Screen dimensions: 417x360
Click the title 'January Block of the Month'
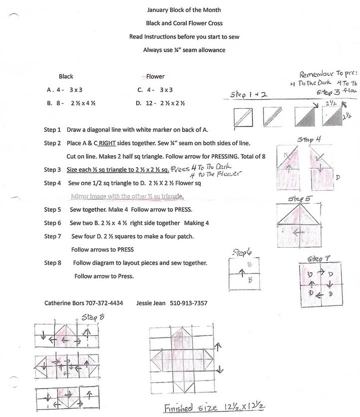pyautogui.click(x=184, y=10)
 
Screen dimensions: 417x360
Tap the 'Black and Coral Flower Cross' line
pyautogui.click(x=184, y=23)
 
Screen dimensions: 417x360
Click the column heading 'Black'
pyautogui.click(x=66, y=76)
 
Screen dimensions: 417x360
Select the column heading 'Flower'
pyautogui.click(x=155, y=76)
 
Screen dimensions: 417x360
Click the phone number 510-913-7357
pyautogui.click(x=189, y=303)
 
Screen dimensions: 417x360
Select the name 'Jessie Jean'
pyautogui.click(x=151, y=303)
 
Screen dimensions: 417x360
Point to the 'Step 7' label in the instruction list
pyautogui.click(x=52, y=236)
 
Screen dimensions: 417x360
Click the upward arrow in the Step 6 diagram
pyautogui.click(x=241, y=272)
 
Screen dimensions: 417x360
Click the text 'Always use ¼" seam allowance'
pyautogui.click(x=184, y=49)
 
